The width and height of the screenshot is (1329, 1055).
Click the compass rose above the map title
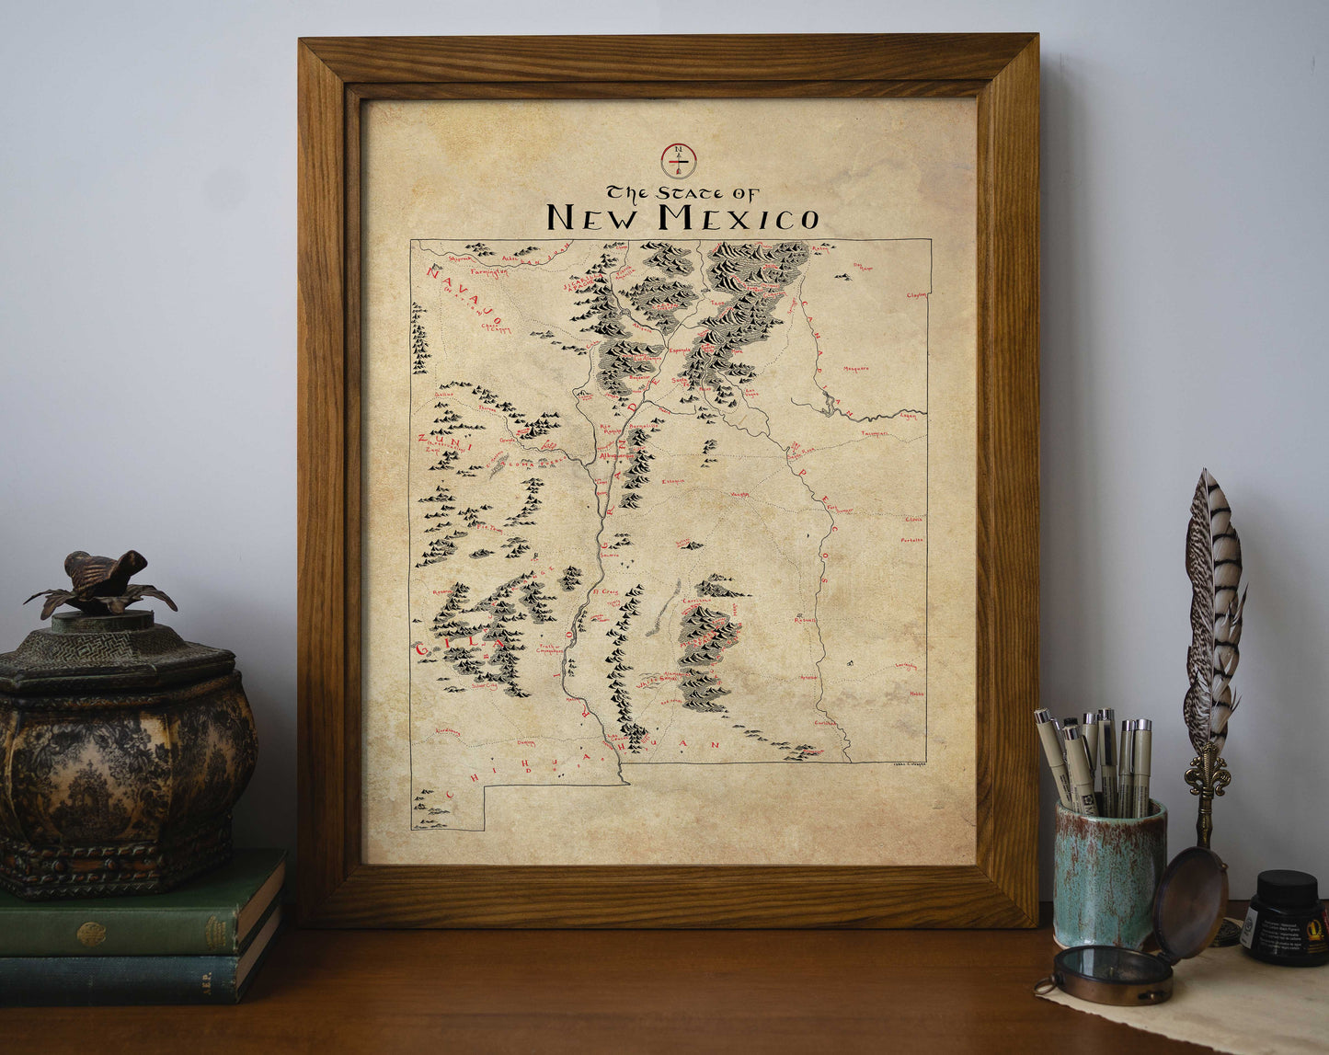[679, 160]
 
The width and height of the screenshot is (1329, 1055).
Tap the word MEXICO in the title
[737, 218]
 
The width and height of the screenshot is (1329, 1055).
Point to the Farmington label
[488, 273]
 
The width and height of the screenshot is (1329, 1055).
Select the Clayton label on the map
[916, 295]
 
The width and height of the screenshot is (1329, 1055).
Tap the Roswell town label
[805, 620]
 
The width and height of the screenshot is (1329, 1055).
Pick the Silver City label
[484, 685]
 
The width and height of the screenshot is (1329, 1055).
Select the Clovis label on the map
[912, 520]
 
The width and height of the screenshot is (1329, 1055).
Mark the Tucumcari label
[874, 432]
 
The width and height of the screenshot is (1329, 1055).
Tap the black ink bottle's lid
[1285, 888]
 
